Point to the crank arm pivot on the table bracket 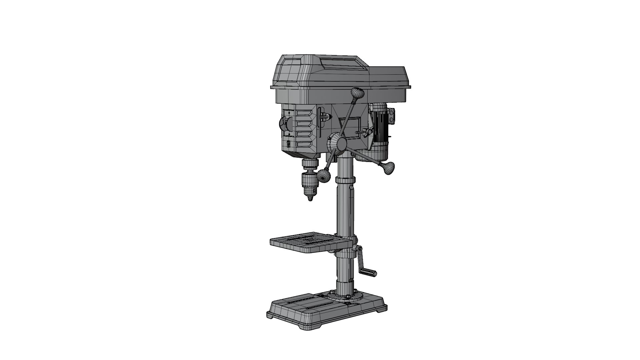pos(359,249)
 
